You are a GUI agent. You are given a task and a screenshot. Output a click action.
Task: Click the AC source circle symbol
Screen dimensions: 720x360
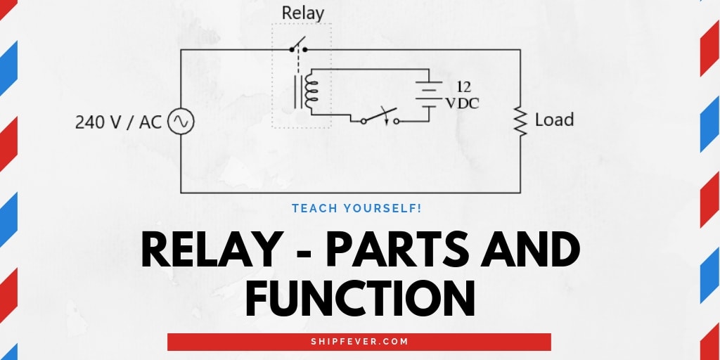pyautogui.click(x=181, y=122)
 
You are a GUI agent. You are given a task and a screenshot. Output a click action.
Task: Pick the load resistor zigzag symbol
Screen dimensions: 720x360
pyautogui.click(x=520, y=121)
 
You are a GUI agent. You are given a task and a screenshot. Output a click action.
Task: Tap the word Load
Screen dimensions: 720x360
pyautogui.click(x=554, y=120)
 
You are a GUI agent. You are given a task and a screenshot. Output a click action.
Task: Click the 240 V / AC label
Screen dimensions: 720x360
pyautogui.click(x=118, y=122)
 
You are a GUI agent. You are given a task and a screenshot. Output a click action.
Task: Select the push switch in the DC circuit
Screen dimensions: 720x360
pyautogui.click(x=380, y=117)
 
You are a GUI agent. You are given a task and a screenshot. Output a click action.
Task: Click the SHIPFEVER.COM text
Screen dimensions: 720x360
pyautogui.click(x=359, y=342)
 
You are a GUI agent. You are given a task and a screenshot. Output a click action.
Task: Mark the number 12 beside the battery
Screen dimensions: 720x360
pyautogui.click(x=463, y=86)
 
